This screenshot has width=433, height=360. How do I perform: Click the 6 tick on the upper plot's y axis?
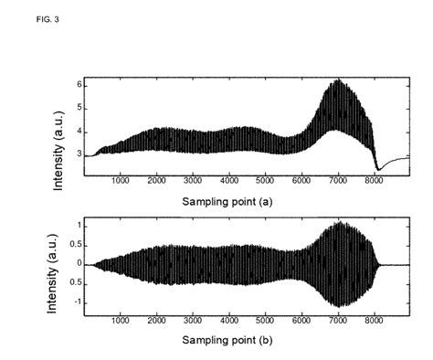78,84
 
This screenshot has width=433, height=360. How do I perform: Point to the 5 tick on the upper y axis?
78,108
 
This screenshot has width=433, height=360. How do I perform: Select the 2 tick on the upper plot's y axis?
78,178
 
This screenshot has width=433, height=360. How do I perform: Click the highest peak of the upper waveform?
339,80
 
